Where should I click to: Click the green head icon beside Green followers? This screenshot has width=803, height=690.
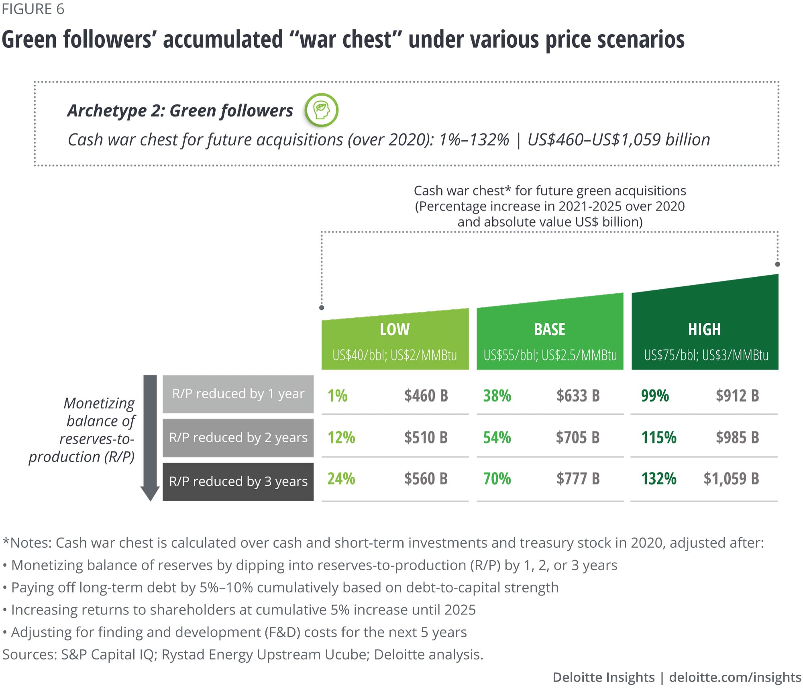tap(321, 110)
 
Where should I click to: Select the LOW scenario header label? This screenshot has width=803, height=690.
tap(395, 329)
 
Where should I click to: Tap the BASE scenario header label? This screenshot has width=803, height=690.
tap(549, 329)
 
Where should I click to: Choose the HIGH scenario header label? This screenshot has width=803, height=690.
tap(704, 329)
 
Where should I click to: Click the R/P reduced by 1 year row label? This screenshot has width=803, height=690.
tap(238, 394)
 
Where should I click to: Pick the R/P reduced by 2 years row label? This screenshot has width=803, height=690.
tap(238, 437)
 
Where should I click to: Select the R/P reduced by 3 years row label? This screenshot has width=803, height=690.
tap(238, 481)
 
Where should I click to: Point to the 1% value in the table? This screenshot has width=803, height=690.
tap(337, 396)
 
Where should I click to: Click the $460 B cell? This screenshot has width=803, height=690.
tap(426, 396)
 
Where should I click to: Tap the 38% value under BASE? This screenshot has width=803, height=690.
tap(497, 396)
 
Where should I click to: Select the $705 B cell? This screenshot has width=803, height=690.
tap(577, 437)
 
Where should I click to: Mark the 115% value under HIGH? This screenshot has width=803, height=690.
tap(658, 437)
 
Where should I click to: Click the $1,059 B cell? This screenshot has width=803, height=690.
tap(731, 479)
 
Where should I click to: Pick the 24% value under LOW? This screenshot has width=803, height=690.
tap(341, 479)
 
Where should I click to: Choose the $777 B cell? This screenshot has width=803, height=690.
tap(578, 479)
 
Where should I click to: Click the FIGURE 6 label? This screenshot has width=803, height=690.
tap(33, 9)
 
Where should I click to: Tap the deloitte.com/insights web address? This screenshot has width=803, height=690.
tap(735, 677)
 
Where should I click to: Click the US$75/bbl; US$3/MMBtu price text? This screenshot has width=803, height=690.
tap(706, 355)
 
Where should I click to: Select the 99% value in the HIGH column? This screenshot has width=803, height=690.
tap(655, 396)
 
